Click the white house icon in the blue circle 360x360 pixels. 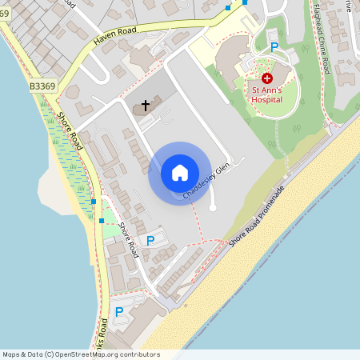[x=179, y=173]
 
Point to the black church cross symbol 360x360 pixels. [x=146, y=105]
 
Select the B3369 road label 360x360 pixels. [x=43, y=86]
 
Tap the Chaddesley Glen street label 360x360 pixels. [x=206, y=181]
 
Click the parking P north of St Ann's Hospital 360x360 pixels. [x=274, y=47]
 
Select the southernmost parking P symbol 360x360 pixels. [x=119, y=312]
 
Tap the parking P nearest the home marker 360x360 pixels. [x=150, y=240]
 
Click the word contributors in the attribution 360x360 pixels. [x=140, y=354]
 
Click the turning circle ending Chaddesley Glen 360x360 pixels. [x=212, y=208]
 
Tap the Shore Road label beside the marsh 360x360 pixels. [x=70, y=130]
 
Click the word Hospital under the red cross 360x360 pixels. [x=267, y=101]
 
